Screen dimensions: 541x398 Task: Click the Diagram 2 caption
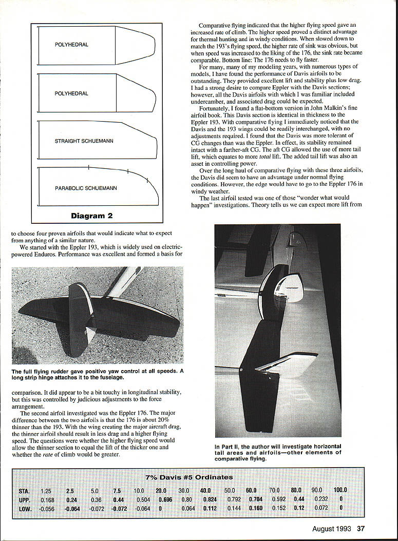click(91, 216)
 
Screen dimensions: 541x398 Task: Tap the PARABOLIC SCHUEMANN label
click(86, 188)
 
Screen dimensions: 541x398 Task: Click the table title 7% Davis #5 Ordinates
click(188, 477)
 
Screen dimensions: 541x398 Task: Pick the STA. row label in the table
click(24, 490)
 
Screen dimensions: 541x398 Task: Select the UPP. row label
click(24, 499)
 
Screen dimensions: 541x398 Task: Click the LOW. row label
click(24, 508)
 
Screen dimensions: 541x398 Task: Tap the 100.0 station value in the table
click(340, 490)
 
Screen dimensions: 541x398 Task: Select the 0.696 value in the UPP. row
click(165, 499)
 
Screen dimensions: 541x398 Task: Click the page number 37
click(361, 530)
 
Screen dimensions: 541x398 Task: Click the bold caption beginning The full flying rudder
click(97, 374)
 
